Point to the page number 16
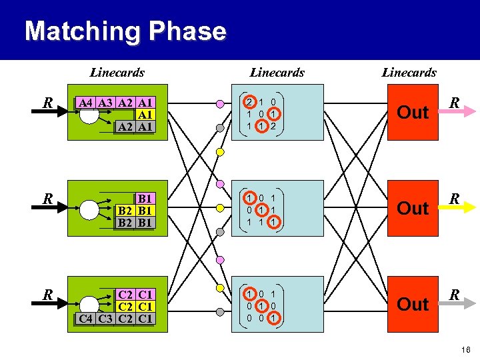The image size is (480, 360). pyautogui.click(x=465, y=349)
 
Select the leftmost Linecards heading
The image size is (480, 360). pyautogui.click(x=117, y=72)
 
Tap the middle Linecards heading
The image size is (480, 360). pyautogui.click(x=277, y=72)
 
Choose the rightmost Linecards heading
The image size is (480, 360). pyautogui.click(x=409, y=72)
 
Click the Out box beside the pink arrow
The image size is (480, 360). pyautogui.click(x=413, y=112)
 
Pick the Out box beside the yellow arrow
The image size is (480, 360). pyautogui.click(x=413, y=208)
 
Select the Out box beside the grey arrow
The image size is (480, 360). pyautogui.click(x=413, y=304)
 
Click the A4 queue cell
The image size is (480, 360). pyautogui.click(x=85, y=103)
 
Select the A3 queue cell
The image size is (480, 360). pyautogui.click(x=105, y=103)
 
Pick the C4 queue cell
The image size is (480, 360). pyautogui.click(x=85, y=318)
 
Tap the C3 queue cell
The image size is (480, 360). pyautogui.click(x=105, y=318)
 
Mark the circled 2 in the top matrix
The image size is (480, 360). pyautogui.click(x=249, y=103)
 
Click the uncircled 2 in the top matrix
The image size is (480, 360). pyautogui.click(x=273, y=125)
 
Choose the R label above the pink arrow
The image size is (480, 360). pyautogui.click(x=454, y=103)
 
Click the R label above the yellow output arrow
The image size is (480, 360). pyautogui.click(x=454, y=199)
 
